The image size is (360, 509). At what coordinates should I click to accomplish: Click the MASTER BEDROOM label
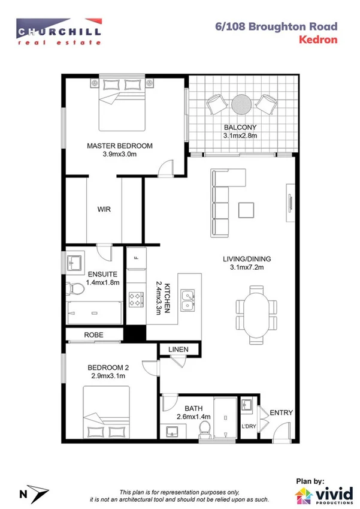[x=120, y=146]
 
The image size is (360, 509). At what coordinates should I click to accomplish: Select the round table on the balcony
[x=242, y=104]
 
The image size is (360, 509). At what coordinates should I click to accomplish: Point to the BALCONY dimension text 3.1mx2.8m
[x=240, y=136]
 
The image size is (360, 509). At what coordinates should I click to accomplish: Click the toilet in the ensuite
[x=75, y=290]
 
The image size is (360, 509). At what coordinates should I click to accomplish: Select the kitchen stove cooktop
[x=135, y=297]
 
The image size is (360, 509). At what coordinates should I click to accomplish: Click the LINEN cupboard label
[x=178, y=348]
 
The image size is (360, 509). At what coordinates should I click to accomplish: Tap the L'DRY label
[x=249, y=426]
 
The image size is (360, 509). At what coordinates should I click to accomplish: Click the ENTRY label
[x=280, y=412]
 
